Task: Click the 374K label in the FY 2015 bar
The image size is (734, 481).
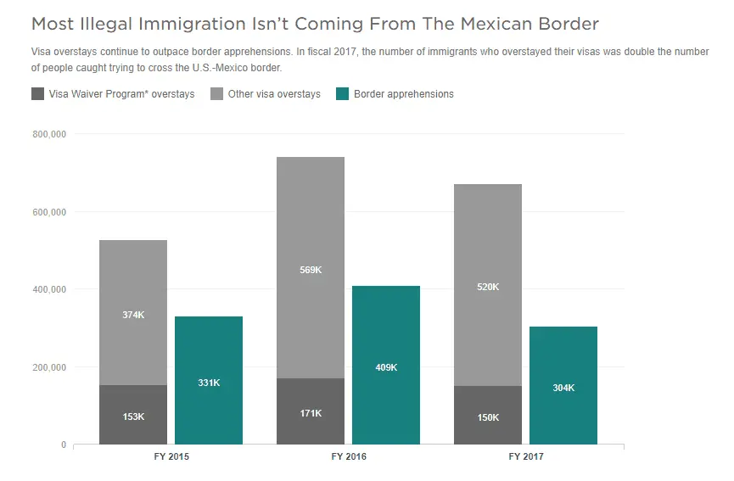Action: point(133,315)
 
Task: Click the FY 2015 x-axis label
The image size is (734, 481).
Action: point(171,457)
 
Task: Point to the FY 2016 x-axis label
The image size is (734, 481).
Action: point(349,457)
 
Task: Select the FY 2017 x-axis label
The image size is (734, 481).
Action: point(526,457)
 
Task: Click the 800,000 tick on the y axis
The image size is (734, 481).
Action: point(48,134)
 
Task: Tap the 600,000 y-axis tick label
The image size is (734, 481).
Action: point(48,212)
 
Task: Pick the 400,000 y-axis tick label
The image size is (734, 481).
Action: point(48,289)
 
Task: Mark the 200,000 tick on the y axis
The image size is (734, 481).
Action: point(48,367)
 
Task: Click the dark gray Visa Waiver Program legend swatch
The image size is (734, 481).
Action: point(37,94)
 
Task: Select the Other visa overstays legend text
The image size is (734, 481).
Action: point(273,94)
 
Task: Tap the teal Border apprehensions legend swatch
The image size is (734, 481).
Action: point(343,94)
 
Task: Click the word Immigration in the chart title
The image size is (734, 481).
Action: point(182,24)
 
